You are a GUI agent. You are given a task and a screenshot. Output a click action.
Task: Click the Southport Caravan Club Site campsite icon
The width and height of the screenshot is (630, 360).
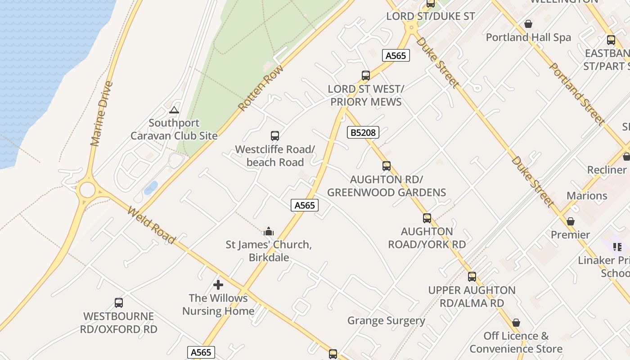tap(174, 110)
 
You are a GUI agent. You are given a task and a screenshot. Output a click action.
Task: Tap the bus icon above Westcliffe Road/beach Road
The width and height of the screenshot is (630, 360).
tap(274, 135)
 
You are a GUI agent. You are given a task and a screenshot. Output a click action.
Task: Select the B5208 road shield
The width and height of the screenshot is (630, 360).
tap(363, 132)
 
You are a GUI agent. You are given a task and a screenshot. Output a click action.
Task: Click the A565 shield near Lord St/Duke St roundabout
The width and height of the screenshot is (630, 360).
tap(396, 55)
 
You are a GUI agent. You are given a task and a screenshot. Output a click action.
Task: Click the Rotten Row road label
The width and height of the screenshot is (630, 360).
tap(261, 88)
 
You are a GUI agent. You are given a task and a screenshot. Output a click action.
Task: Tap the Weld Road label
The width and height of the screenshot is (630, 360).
tap(151, 225)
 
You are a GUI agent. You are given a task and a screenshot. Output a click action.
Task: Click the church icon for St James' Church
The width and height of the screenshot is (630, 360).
tap(269, 231)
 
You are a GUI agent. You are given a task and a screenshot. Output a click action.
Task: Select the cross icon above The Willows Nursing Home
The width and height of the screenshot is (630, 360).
tap(218, 285)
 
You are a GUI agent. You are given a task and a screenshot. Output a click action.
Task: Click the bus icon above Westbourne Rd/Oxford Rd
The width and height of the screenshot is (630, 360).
tap(119, 303)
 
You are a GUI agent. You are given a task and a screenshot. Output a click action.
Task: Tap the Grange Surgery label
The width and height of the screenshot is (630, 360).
tap(386, 320)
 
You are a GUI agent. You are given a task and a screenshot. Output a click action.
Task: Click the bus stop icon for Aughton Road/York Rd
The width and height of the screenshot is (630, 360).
tap(427, 218)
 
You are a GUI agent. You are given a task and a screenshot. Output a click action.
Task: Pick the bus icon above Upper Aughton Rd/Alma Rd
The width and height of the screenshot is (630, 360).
tap(472, 277)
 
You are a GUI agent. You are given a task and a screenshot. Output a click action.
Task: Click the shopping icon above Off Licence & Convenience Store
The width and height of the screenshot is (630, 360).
tap(516, 323)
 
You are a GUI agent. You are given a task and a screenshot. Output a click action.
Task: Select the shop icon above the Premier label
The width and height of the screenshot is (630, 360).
tap(571, 221)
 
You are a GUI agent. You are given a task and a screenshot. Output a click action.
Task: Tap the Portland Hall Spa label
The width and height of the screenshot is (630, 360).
tap(528, 37)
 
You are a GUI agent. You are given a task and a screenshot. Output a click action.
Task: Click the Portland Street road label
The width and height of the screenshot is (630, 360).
tap(576, 94)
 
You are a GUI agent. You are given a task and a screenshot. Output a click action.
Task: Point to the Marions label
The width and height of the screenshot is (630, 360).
tap(587, 196)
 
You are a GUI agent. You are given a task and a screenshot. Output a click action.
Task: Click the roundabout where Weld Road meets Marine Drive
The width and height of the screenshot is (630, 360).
tap(87, 190)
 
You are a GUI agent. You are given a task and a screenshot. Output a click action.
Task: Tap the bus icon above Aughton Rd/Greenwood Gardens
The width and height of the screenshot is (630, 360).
tap(386, 166)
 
